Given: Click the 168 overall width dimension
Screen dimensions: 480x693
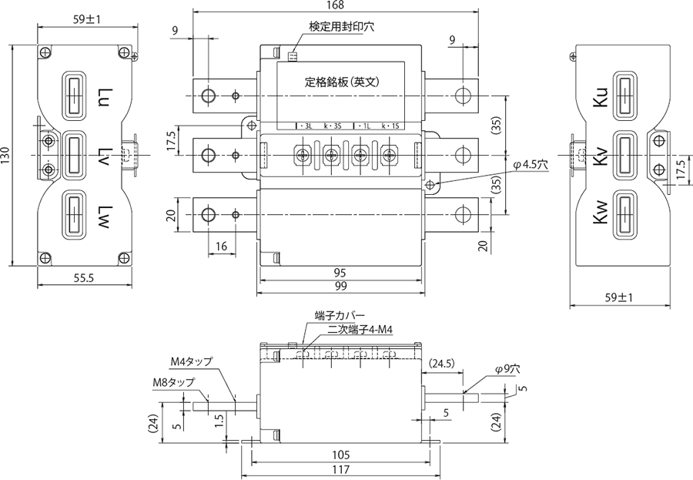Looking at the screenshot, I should [x=335, y=6].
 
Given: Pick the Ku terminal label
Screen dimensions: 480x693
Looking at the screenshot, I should [x=602, y=97].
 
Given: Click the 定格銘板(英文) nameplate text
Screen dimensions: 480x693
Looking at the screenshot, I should [x=344, y=81].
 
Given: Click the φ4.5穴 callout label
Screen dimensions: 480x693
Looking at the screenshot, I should [x=530, y=164].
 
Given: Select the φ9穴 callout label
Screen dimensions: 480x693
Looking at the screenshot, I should [x=507, y=370].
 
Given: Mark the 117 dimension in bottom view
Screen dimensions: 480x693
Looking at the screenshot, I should [x=340, y=469].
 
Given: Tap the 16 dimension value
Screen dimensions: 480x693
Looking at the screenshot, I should [x=222, y=247].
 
